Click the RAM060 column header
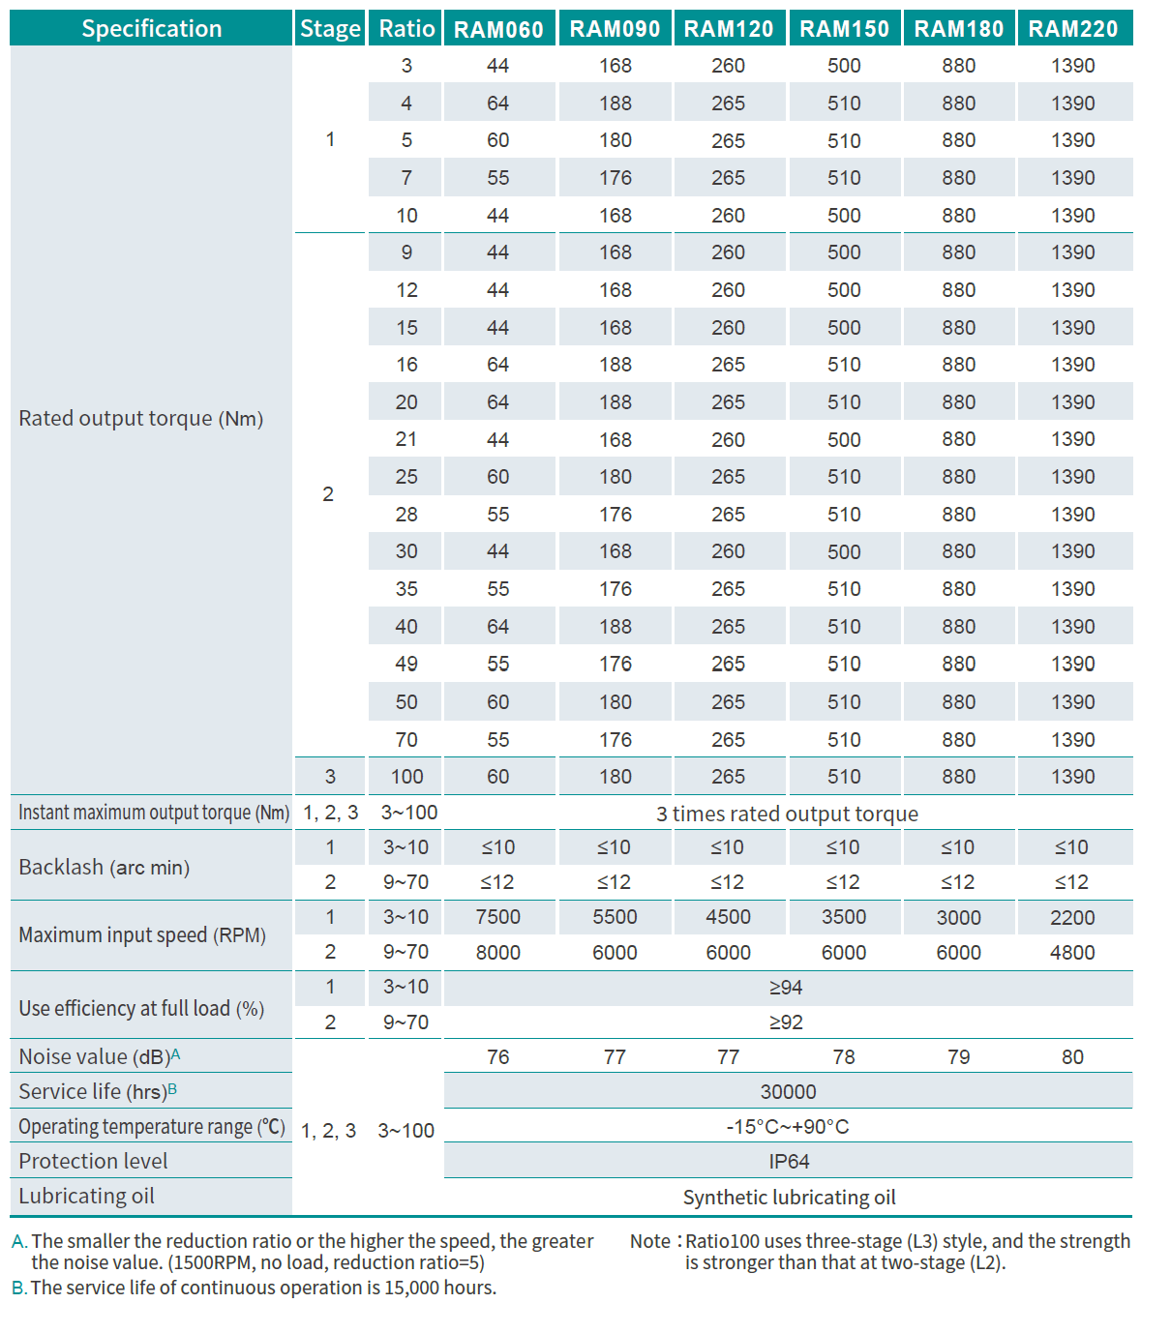pyautogui.click(x=498, y=29)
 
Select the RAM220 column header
pyautogui.click(x=1073, y=29)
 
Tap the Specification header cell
pyautogui.click(x=151, y=29)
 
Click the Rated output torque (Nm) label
pyautogui.click(x=141, y=419)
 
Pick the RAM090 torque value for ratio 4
pyautogui.click(x=615, y=104)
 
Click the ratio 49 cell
pyautogui.click(x=406, y=665)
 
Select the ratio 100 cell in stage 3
pyautogui.click(x=406, y=777)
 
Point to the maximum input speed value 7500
pyautogui.click(x=498, y=917)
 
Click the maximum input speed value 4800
pyautogui.click(x=1072, y=953)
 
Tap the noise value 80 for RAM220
pyautogui.click(x=1072, y=1057)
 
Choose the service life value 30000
pyautogui.click(x=788, y=1092)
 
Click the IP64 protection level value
pyautogui.click(x=789, y=1162)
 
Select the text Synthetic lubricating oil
pyautogui.click(x=789, y=1198)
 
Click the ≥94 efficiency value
pyautogui.click(x=786, y=988)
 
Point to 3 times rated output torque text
pyautogui.click(x=787, y=815)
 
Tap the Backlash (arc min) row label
pyautogui.click(x=105, y=868)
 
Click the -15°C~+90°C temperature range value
pyautogui.click(x=788, y=1127)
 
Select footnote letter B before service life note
pyautogui.click(x=17, y=1289)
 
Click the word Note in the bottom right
pyautogui.click(x=650, y=1241)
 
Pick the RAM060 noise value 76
pyautogui.click(x=498, y=1057)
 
